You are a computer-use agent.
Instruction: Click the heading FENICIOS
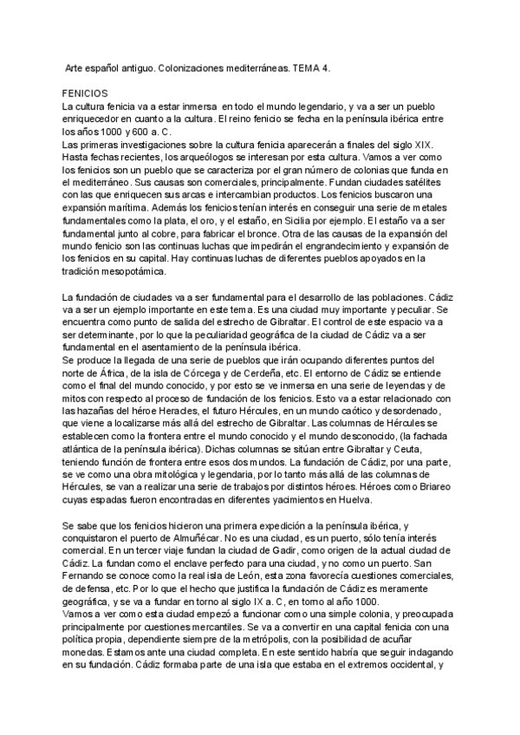pyautogui.click(x=84, y=90)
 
